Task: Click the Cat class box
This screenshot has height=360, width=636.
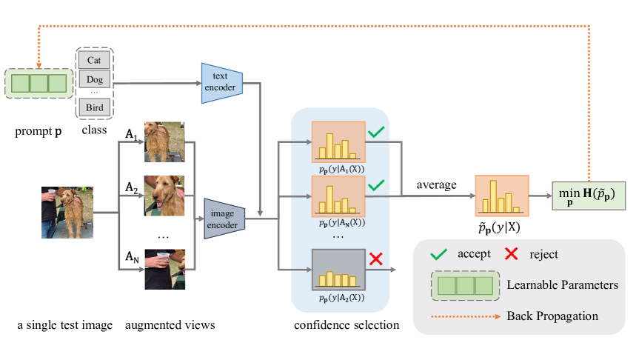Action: point(94,60)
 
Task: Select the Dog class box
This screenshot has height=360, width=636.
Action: point(94,79)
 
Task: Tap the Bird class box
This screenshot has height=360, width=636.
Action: point(94,107)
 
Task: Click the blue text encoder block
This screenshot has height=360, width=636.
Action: point(222,83)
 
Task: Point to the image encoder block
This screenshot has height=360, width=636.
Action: point(224,219)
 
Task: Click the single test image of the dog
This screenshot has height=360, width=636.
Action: point(67,213)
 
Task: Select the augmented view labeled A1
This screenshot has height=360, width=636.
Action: point(164,141)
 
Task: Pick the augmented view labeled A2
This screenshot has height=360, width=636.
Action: point(164,196)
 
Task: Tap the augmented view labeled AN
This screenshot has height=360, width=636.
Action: point(164,269)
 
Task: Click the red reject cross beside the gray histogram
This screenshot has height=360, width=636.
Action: point(376,259)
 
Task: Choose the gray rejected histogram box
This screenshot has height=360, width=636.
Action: point(338,270)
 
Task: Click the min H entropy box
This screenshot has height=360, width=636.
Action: point(589,196)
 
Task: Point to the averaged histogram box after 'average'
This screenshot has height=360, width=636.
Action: point(502,196)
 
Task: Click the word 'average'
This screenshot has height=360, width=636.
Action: point(436,185)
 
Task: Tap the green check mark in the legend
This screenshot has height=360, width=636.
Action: point(438,254)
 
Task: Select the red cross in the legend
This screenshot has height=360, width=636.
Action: point(512,253)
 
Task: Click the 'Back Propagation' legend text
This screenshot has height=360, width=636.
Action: point(552,316)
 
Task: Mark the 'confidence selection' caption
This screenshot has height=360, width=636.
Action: point(347,324)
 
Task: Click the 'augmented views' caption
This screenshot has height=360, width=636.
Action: point(170,325)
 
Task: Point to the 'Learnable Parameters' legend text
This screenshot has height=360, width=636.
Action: point(563,285)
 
